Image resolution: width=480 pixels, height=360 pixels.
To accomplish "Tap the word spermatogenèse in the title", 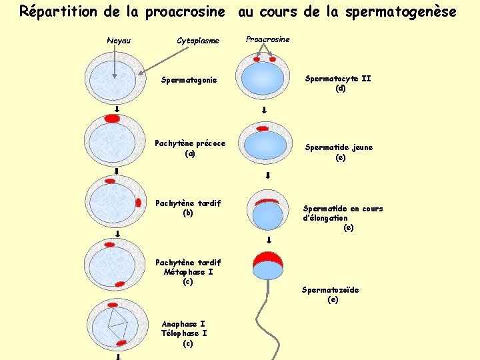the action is pos(409,12).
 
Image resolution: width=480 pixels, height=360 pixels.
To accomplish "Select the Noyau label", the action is pos(119,41).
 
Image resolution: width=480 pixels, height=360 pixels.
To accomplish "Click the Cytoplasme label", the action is pos(198,41).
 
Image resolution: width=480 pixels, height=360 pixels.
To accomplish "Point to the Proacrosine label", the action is pos(268,39).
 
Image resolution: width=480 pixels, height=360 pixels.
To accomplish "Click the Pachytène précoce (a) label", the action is pos(190,148).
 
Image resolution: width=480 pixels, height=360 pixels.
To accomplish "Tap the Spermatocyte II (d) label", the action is pos(338,83).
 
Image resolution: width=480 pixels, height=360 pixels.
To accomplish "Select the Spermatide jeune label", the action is pos(339,147).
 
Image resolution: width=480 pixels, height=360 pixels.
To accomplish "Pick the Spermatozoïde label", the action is pos(330,290).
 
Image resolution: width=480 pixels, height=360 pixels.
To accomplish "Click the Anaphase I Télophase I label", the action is pos(184,329).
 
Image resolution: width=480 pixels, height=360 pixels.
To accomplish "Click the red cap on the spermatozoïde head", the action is pos(268,257).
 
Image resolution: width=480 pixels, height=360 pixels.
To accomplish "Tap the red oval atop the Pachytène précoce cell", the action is pos(113,119).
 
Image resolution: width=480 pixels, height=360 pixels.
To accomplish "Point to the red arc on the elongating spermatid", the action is pos(267,201).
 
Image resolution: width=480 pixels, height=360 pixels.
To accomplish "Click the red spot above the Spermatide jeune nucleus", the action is pos(263,128).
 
